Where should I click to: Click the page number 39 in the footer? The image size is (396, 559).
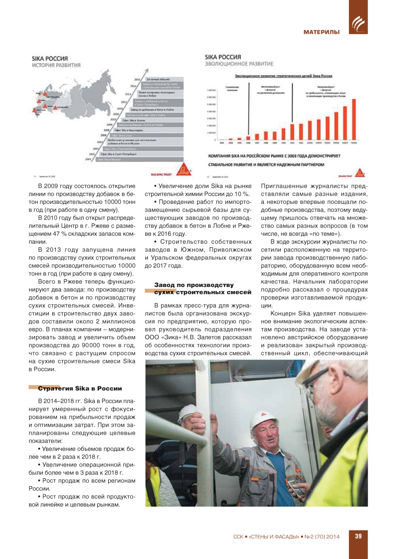(358, 536)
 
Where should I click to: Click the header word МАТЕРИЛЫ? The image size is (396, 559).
(321, 32)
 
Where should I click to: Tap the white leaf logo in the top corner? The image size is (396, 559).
(358, 23)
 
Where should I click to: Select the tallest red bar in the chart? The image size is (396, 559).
(354, 119)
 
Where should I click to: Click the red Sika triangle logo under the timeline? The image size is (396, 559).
(184, 170)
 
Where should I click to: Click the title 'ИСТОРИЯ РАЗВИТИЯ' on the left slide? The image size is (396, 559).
(56, 65)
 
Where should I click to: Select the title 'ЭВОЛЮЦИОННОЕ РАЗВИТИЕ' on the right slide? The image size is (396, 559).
(239, 64)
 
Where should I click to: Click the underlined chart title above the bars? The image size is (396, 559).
(283, 76)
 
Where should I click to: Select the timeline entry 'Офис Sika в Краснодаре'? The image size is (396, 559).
(129, 130)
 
